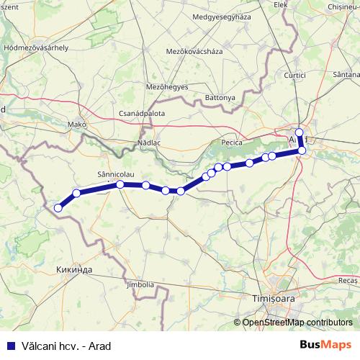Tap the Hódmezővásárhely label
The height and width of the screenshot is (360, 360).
coord(36,47)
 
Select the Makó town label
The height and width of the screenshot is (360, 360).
coord(77,124)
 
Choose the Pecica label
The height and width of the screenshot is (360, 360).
coord(231,143)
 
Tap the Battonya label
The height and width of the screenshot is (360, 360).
coord(220,97)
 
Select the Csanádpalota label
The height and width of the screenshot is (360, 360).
coord(142,114)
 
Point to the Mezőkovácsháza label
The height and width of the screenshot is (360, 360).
coord(194,52)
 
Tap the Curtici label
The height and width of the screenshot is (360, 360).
coord(295,75)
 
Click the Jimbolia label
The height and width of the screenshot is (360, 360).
coord(140,284)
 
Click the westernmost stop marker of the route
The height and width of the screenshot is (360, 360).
coord(58,208)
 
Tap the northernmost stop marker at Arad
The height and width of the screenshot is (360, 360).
coord(300,132)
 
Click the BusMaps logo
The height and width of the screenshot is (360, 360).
coord(326,345)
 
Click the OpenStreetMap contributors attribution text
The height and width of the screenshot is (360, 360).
coord(297,323)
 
